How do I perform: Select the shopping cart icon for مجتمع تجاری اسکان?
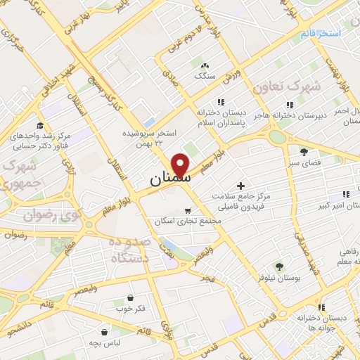(187, 210)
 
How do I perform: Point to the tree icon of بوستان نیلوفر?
(279, 266)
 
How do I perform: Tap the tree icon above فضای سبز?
(304, 151)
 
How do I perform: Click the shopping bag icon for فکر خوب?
(131, 297)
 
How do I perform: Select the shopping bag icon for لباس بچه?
(105, 331)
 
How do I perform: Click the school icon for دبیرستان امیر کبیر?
(345, 193)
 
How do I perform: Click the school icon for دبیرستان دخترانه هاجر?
(290, 105)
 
